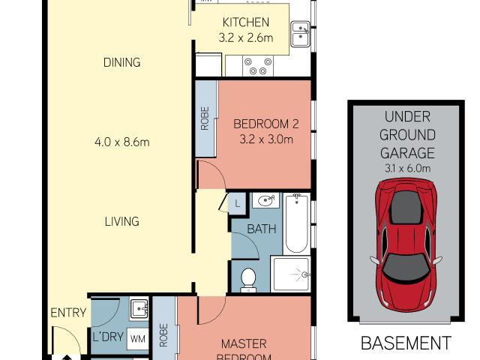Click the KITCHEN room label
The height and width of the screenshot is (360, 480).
(242, 22)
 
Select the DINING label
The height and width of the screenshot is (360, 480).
(121, 63)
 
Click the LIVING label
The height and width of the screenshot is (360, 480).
(121, 221)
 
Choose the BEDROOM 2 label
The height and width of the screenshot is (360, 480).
(262, 124)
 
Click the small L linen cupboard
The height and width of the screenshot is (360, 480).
(237, 202)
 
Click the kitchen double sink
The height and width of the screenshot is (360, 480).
(301, 34)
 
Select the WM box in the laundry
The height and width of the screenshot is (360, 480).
(138, 338)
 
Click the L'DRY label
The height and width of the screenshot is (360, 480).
(107, 338)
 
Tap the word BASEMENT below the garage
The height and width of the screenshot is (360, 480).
(406, 343)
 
